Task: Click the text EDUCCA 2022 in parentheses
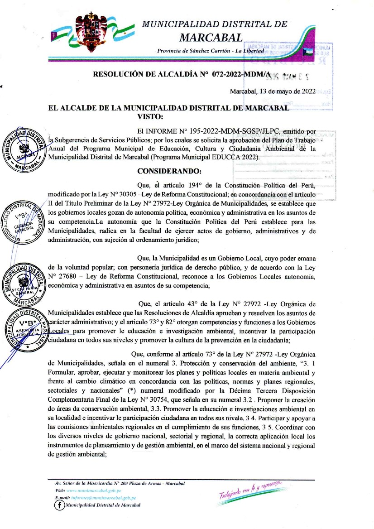236,157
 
